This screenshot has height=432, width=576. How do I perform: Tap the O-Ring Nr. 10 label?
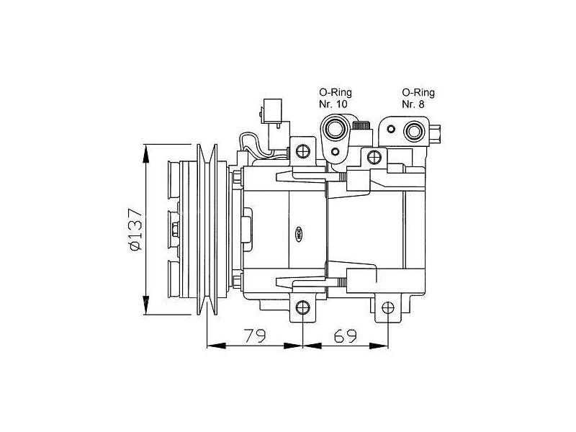click(333, 99)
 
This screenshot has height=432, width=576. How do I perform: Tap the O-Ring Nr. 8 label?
click(418, 99)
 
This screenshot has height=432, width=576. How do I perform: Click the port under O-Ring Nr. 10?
click(336, 130)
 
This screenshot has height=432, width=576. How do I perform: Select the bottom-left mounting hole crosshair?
click(303, 308)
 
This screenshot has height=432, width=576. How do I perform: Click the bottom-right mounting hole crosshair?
click(389, 308)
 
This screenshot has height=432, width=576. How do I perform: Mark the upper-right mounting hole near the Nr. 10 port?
click(373, 157)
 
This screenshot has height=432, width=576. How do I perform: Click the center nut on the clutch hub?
click(176, 230)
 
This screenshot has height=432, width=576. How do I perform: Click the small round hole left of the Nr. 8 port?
click(390, 130)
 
